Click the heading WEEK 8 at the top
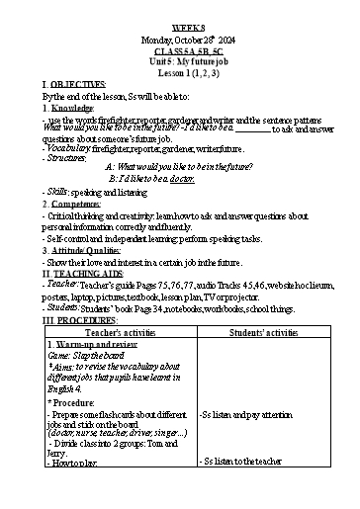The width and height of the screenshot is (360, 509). pyautogui.click(x=179, y=12)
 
